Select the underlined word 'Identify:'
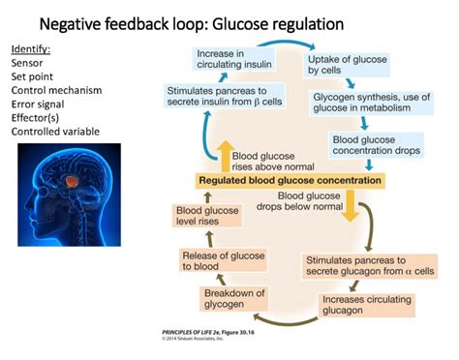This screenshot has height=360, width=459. [32, 48]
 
